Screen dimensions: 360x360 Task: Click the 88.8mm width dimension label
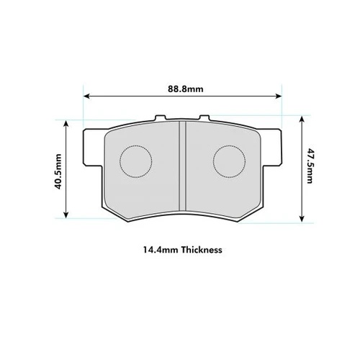(x=184, y=89)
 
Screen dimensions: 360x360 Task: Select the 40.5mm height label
(x=58, y=169)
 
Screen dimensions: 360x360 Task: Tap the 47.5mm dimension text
(x=310, y=166)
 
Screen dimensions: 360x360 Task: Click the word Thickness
(x=202, y=251)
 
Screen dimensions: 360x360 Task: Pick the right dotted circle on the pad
(x=230, y=161)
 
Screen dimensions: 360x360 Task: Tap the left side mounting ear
(x=91, y=148)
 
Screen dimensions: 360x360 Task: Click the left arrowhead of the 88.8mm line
(x=87, y=96)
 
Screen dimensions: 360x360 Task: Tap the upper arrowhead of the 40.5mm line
(x=67, y=122)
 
